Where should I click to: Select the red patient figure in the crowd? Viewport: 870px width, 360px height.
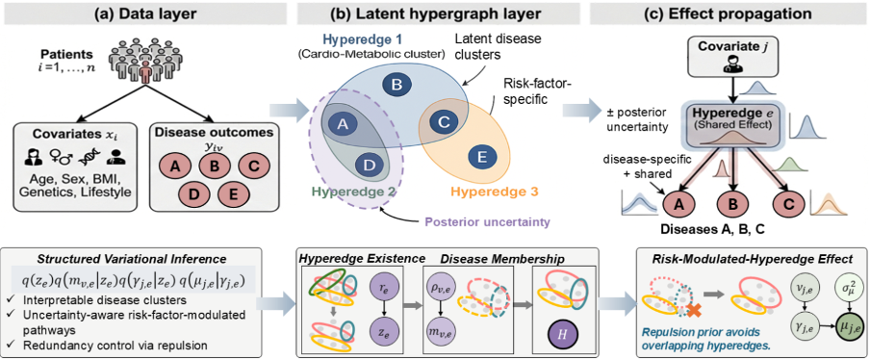click(144, 71)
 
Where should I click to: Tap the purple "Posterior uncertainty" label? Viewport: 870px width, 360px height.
click(488, 222)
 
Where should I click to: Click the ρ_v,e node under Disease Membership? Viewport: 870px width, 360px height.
click(440, 288)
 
